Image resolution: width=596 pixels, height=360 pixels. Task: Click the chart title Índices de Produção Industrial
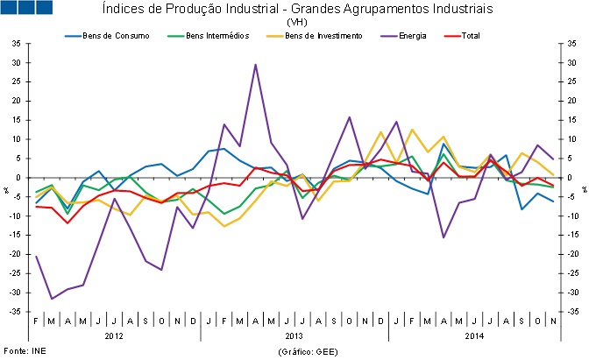point(297,9)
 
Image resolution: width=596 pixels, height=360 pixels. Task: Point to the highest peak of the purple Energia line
point(255,65)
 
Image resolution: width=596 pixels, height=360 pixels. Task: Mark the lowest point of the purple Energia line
point(52,299)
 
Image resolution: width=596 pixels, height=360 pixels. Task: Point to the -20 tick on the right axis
point(573,254)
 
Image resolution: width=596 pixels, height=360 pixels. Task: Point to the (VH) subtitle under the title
point(297,22)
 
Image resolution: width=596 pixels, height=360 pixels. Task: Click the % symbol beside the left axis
point(6,189)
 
